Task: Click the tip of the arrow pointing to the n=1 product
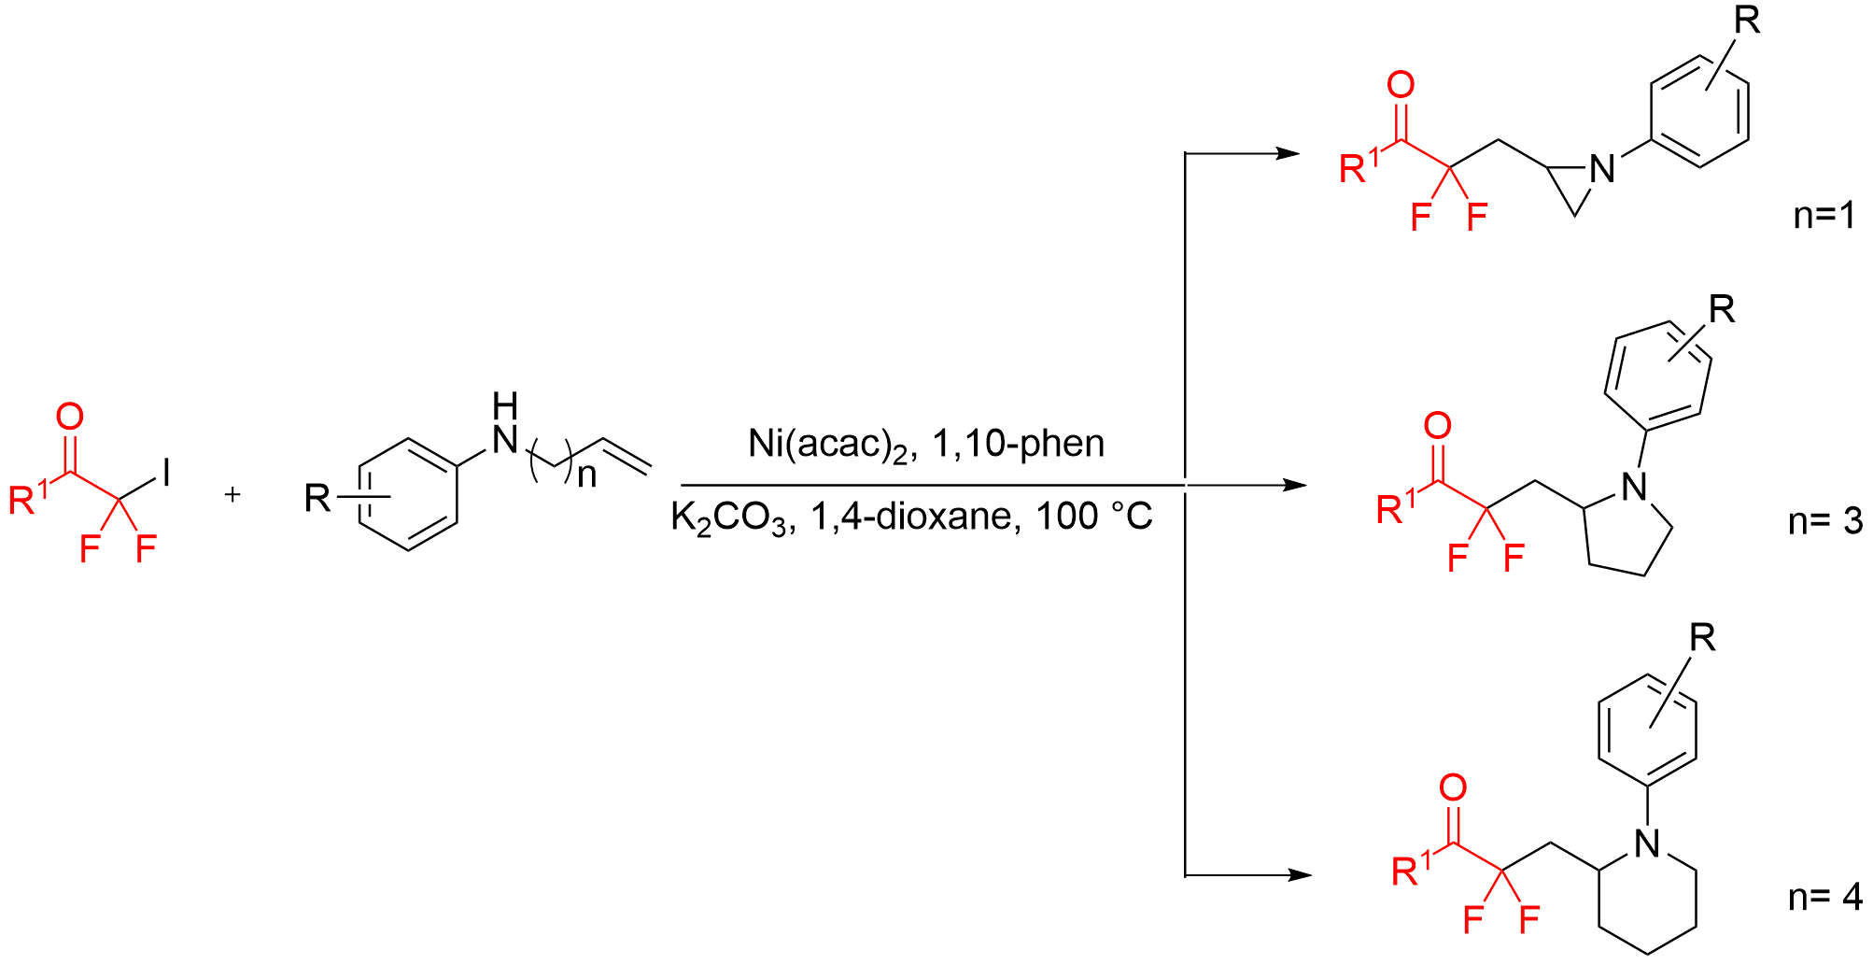1300,152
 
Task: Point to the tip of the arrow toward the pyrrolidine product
1307,485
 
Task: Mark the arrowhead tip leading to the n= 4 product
1312,875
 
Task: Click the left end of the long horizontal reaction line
682,485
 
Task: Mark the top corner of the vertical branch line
1185,152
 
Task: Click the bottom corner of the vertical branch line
1185,875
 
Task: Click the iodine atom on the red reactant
166,472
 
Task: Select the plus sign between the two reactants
232,493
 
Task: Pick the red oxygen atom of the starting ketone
70,417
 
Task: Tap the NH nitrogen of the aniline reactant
505,439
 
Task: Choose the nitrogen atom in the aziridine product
1602,169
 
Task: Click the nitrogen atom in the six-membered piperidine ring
1647,843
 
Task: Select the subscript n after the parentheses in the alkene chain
586,475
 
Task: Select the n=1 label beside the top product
1824,216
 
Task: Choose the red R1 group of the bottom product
1411,869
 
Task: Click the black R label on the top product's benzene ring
1747,21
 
